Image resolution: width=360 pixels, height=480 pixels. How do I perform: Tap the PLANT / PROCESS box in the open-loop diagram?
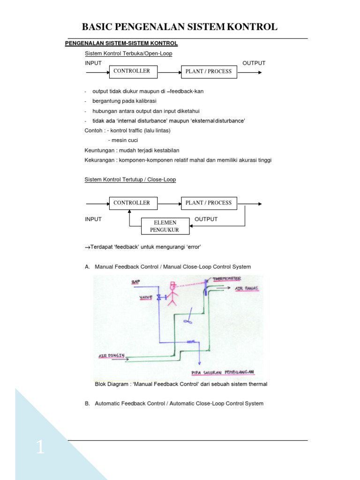click(209, 72)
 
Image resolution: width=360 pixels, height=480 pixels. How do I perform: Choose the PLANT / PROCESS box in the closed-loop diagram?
click(209, 203)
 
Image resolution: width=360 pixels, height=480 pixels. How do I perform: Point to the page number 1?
click(40, 449)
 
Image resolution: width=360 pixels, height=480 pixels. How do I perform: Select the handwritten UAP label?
click(136, 282)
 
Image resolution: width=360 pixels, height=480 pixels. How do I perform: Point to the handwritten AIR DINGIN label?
click(110, 356)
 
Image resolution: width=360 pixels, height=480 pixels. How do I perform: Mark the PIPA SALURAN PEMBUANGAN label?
click(223, 372)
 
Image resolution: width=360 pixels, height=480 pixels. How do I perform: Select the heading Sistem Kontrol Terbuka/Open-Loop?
click(128, 53)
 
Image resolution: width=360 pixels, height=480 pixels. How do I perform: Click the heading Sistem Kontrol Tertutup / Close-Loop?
click(130, 180)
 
